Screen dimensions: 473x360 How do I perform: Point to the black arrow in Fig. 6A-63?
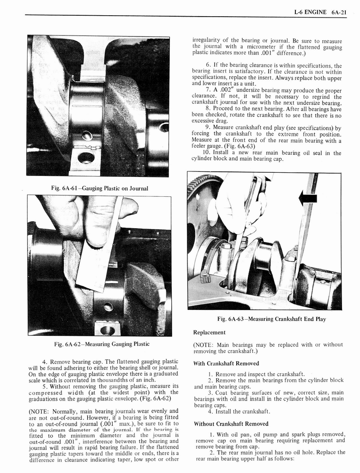click(307, 199)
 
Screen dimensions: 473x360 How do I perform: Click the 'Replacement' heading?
click(209, 332)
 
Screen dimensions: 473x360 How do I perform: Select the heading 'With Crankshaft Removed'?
click(225, 363)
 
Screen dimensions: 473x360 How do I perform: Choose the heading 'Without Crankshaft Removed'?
click(231, 424)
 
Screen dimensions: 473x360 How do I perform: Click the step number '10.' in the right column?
click(206, 152)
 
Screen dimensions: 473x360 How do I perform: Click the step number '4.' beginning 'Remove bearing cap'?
click(45, 362)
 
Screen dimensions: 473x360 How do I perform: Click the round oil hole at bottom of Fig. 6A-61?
click(86, 158)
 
